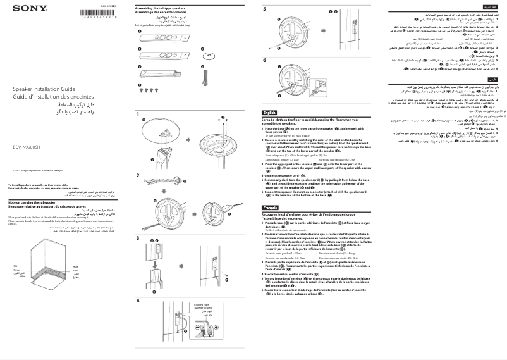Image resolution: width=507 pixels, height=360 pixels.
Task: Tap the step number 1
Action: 138,115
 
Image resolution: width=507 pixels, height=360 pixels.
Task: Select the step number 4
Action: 138,301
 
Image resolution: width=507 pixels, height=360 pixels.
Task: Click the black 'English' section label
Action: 269,112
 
